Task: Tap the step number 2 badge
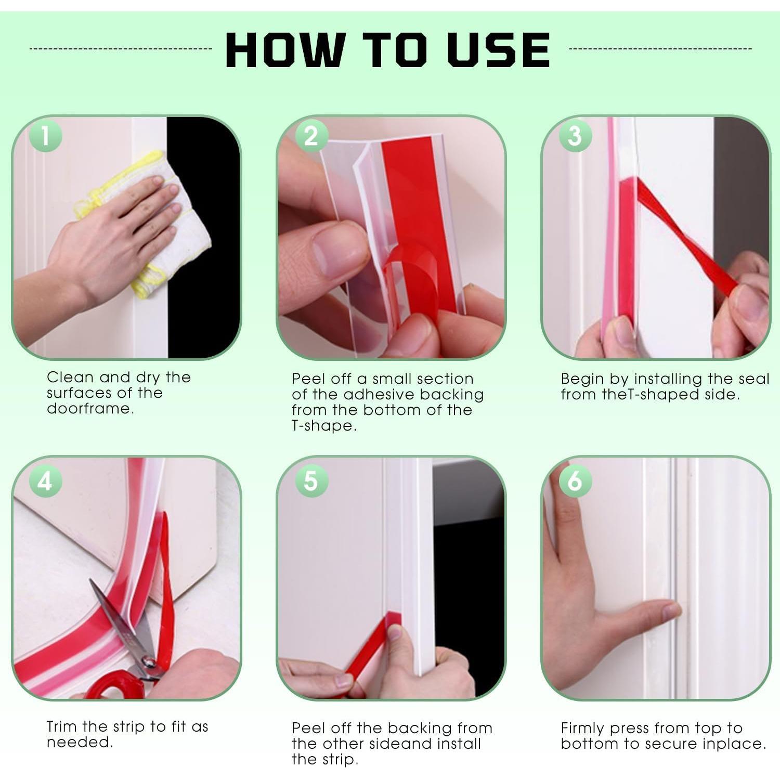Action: (311, 136)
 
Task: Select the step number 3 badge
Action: (575, 136)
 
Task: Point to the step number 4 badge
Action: (45, 480)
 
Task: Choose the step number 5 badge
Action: (311, 480)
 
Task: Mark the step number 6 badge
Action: (575, 480)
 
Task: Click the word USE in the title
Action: (498, 50)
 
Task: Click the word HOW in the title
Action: (284, 50)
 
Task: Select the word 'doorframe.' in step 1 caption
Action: (90, 409)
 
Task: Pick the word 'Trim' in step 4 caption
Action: (62, 726)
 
